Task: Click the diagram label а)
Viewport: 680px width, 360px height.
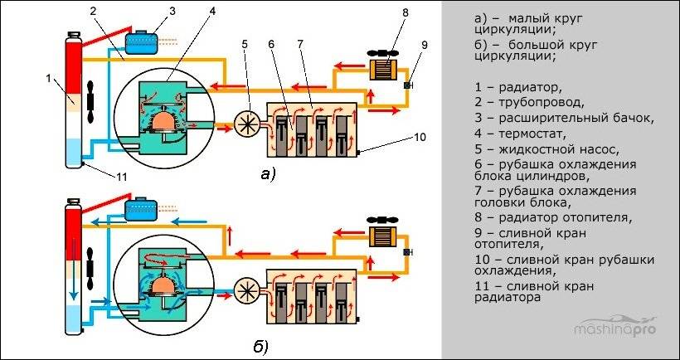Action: (267, 173)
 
